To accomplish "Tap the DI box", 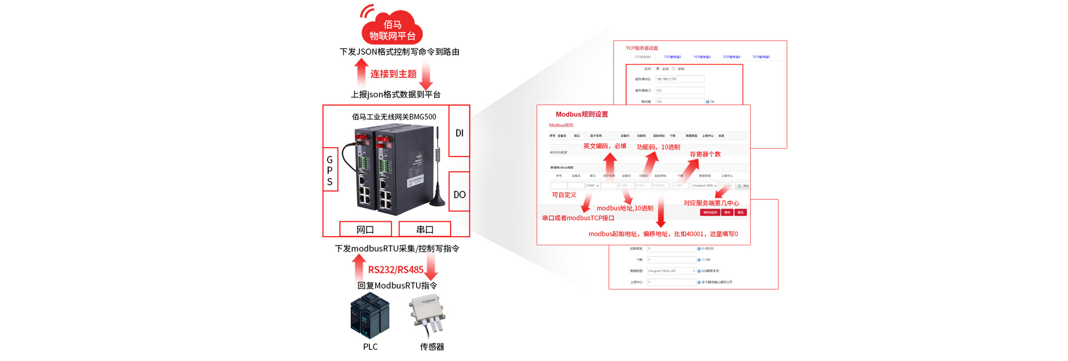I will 459,133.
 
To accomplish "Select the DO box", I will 459,194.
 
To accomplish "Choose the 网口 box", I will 365,229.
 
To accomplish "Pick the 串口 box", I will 424,229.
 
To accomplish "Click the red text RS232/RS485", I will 395,270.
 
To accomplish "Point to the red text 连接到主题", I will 393,74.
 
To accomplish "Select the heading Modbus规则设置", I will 582,114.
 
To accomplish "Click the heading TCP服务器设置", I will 642,48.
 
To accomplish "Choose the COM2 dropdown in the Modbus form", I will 592,185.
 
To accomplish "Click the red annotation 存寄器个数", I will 705,154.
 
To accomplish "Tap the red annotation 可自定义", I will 563,195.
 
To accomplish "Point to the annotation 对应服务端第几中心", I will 711,203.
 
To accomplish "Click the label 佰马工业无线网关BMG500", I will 394,117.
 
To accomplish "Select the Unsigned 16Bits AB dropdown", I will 671,271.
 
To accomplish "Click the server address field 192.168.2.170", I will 680,79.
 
